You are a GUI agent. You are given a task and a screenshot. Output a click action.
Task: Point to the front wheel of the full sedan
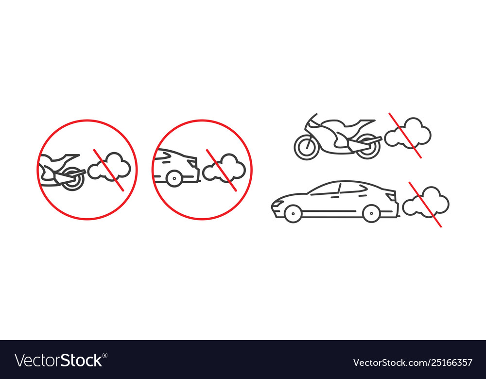coord(293,213)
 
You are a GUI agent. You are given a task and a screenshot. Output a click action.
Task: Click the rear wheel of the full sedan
coord(371,213)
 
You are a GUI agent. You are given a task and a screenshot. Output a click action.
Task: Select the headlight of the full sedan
coord(278,203)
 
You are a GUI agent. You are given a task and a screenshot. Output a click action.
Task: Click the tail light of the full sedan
coord(391,196)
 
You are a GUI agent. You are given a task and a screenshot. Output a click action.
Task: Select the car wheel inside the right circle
coord(174,178)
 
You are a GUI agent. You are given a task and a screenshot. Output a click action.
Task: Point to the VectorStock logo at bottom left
coord(61,361)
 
